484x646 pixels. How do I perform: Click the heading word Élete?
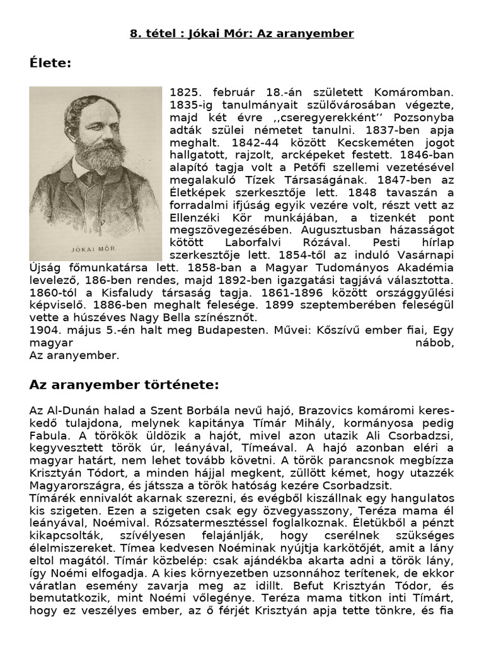pos(50,64)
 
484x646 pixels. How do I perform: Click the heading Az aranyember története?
pos(124,385)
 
